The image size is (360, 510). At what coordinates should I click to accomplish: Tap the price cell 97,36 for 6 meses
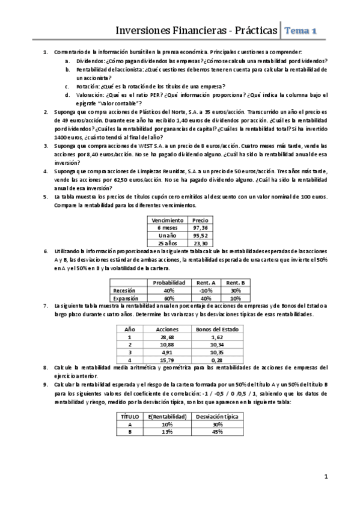[200, 228]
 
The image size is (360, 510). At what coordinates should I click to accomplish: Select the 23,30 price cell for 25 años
[200, 242]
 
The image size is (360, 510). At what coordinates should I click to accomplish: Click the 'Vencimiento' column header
[168, 221]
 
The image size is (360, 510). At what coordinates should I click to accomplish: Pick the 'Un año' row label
[168, 235]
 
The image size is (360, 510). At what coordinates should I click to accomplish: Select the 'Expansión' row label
[126, 298]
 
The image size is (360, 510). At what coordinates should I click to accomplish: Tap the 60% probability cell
[168, 298]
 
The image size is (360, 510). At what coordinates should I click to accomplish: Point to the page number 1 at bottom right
[326, 478]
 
